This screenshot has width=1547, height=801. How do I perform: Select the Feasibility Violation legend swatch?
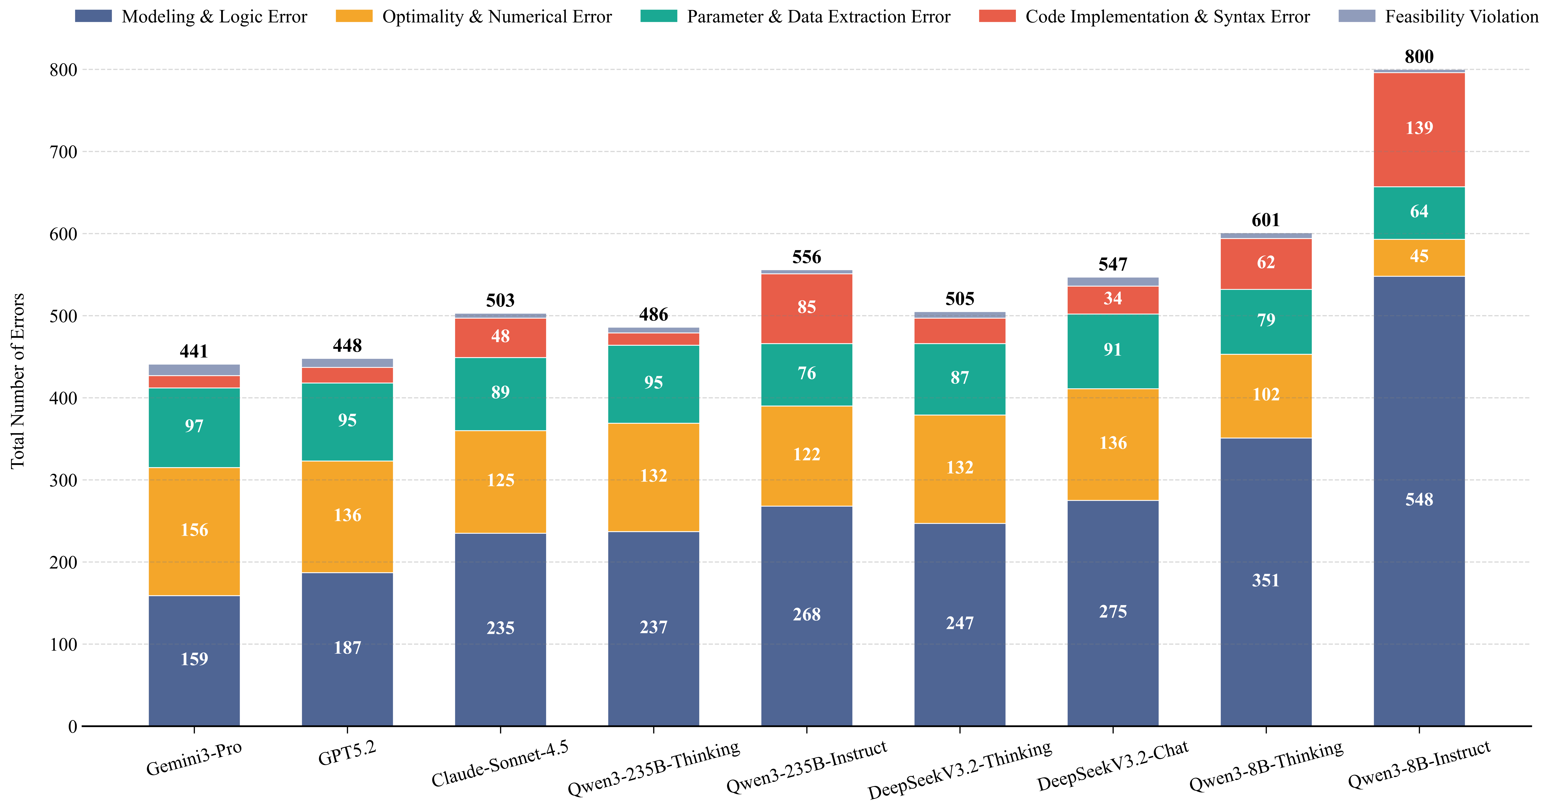tap(1357, 16)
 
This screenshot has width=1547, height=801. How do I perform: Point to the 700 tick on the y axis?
tap(64, 152)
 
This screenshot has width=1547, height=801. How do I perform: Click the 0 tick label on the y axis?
tap(73, 726)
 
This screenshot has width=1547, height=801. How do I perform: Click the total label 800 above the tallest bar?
tap(1419, 56)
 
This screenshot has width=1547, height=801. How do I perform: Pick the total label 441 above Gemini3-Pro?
tap(194, 351)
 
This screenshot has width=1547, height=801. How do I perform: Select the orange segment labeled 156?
tap(194, 531)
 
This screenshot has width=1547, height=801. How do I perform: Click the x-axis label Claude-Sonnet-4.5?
tap(500, 764)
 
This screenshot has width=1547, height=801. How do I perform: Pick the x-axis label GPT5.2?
tap(347, 754)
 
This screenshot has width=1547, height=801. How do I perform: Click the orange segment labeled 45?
tap(1419, 258)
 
